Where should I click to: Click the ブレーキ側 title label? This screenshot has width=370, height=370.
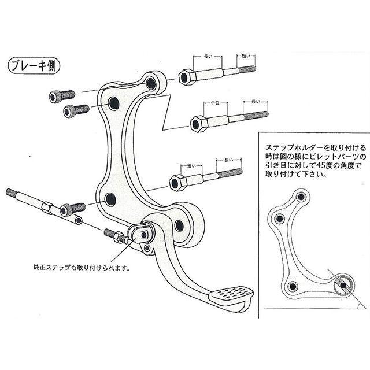coord(34,65)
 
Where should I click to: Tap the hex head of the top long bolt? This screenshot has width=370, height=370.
coord(186,76)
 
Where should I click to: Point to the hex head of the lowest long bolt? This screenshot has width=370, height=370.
coord(177,182)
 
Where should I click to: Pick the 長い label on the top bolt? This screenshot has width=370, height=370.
coord(208,56)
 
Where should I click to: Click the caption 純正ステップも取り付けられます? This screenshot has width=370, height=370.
coord(82,268)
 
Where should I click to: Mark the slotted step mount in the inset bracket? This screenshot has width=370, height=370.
coord(343,284)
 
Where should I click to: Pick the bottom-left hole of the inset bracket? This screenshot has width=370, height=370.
coord(293,287)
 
